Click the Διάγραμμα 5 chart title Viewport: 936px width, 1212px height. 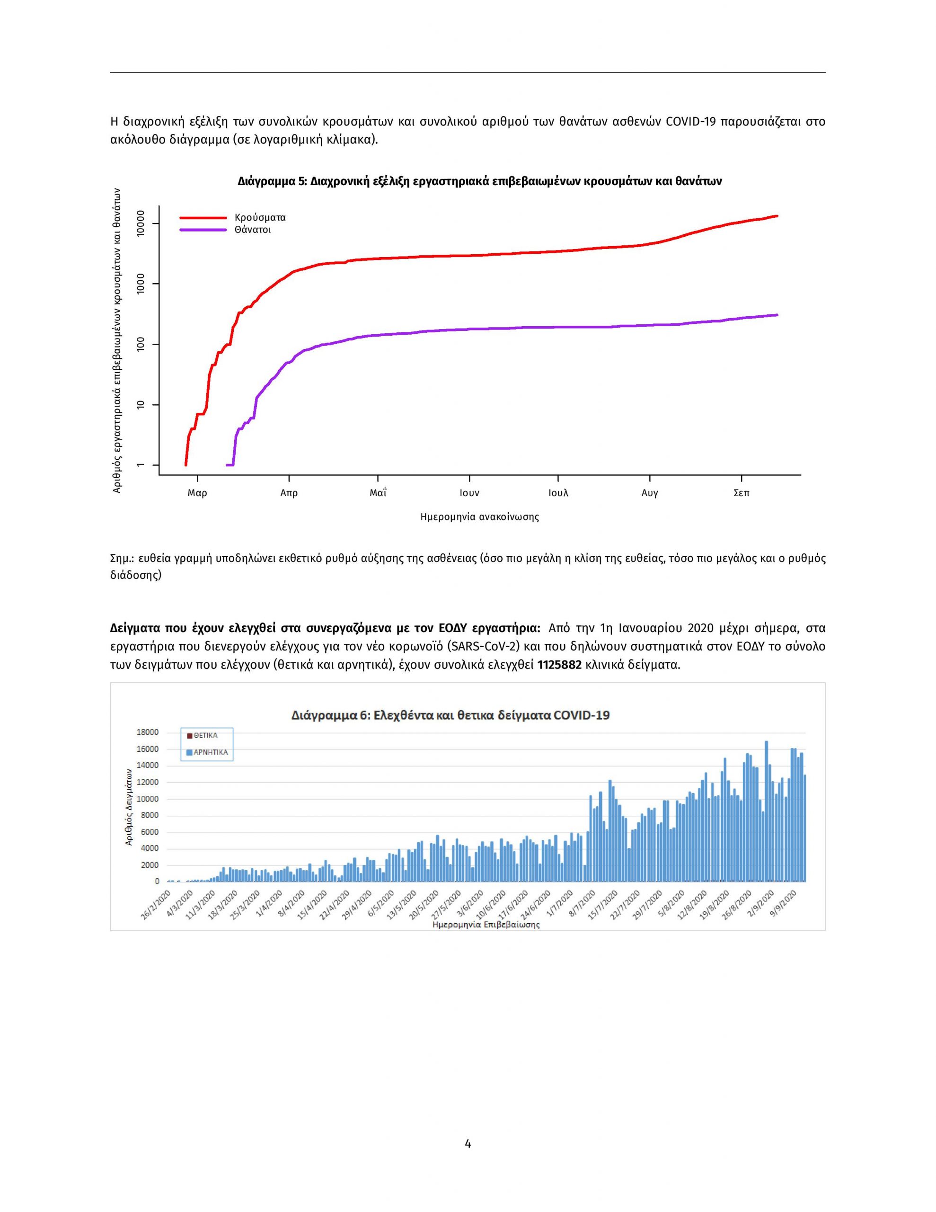pyautogui.click(x=479, y=181)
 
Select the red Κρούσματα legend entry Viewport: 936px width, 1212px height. pyautogui.click(x=233, y=217)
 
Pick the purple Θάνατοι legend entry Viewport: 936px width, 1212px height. pyautogui.click(x=226, y=230)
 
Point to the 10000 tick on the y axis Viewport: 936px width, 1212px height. pyautogui.click(x=140, y=223)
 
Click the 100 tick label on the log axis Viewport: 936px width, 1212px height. pyautogui.click(x=140, y=345)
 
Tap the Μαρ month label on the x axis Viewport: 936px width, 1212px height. pyautogui.click(x=197, y=493)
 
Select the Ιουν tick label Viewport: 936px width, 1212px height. pyautogui.click(x=469, y=493)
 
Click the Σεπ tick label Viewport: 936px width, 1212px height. pyautogui.click(x=741, y=493)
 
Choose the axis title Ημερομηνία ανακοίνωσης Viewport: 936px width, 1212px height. pyautogui.click(x=480, y=517)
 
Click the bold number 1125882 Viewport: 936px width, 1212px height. pyautogui.click(x=559, y=665)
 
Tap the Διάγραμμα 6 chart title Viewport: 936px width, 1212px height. pyautogui.click(x=450, y=715)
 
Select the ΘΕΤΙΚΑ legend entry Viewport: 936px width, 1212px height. pyautogui.click(x=203, y=736)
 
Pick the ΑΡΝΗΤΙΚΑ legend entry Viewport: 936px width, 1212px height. pyautogui.click(x=207, y=752)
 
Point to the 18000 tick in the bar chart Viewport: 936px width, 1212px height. pyautogui.click(x=148, y=732)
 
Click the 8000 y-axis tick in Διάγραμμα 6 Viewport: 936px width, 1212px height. pyautogui.click(x=150, y=815)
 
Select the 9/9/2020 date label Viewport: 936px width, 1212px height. pyautogui.click(x=782, y=903)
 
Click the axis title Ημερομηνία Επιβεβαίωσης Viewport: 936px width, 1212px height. pyautogui.click(x=486, y=925)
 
